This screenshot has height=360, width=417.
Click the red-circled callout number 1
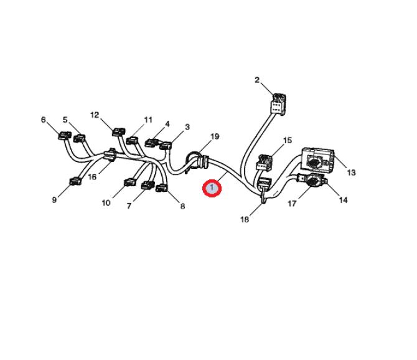(x=212, y=188)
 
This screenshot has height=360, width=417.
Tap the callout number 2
(x=256, y=80)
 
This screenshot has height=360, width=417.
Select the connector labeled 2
(x=278, y=104)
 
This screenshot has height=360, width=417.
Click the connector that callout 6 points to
(x=65, y=135)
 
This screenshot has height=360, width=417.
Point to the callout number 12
(x=95, y=115)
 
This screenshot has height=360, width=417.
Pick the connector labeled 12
(x=119, y=131)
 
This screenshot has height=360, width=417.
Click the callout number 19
(x=215, y=136)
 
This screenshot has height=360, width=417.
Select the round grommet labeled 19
(x=197, y=161)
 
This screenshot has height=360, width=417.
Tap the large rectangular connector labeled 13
(x=317, y=159)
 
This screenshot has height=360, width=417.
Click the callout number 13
(x=351, y=173)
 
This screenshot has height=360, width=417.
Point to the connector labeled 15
(x=264, y=163)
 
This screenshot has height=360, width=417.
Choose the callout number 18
(x=245, y=219)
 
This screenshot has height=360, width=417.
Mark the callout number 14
(x=344, y=200)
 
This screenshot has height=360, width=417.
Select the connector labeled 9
(x=75, y=182)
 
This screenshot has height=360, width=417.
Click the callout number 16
(x=92, y=177)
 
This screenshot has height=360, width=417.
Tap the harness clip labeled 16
(x=110, y=155)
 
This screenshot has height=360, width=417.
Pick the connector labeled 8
(x=161, y=188)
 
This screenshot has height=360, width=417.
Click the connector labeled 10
(x=130, y=182)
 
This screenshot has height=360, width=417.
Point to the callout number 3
(x=187, y=127)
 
